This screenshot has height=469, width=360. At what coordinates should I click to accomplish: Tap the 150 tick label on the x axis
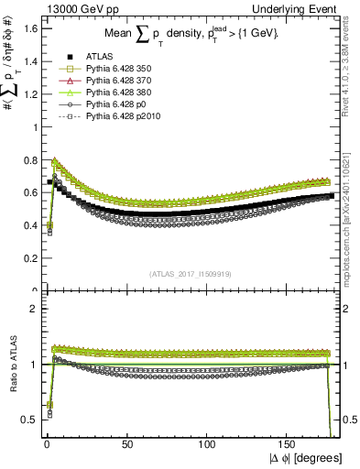click(289, 444)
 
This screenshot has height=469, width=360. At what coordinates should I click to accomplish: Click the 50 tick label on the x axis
click(127, 444)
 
